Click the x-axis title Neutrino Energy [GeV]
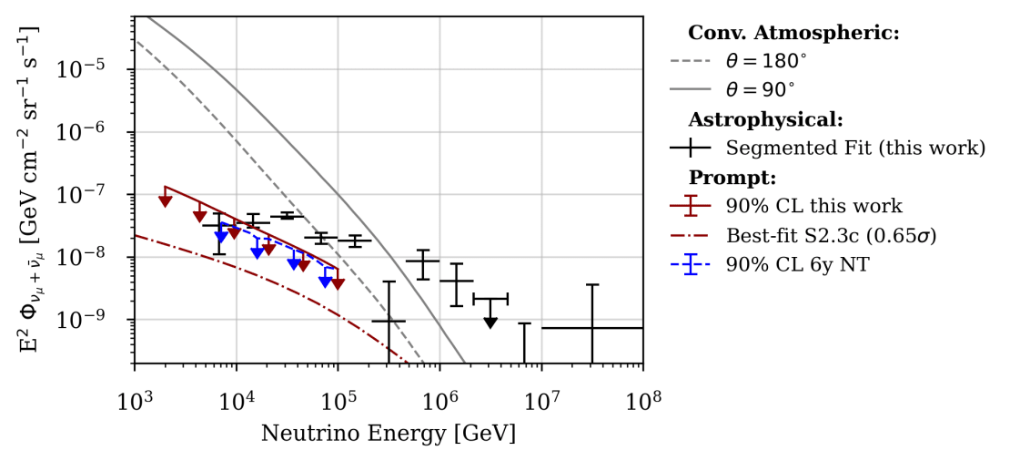click(x=389, y=433)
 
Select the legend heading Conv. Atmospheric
click(x=793, y=34)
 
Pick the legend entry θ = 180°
click(x=766, y=62)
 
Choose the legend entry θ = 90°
click(x=761, y=90)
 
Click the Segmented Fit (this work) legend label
click(x=855, y=148)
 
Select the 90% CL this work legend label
click(x=813, y=206)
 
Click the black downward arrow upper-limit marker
click(x=490, y=323)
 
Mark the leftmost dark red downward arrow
click(x=165, y=200)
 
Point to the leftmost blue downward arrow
click(x=221, y=237)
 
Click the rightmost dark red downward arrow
click(x=338, y=284)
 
